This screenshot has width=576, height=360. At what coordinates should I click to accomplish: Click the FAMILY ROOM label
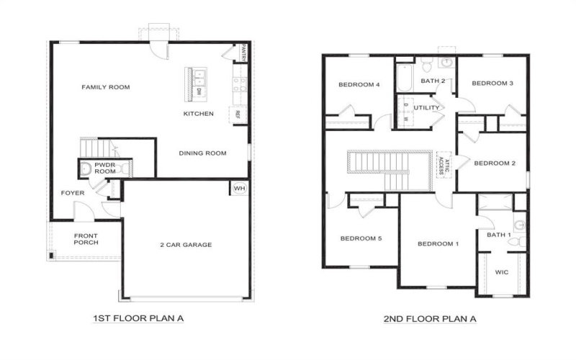105,87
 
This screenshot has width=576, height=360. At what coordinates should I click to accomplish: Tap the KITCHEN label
198,114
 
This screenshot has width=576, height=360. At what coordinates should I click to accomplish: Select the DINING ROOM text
202,153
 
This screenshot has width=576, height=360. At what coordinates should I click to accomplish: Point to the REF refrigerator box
235,115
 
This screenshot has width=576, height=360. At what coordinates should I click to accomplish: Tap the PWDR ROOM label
105,168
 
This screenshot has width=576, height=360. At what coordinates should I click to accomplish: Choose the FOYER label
73,193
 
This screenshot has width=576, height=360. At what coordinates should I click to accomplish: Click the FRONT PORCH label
86,239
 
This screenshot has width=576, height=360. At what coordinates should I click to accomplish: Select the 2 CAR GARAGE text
186,245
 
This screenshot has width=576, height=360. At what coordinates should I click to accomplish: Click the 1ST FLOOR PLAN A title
135,317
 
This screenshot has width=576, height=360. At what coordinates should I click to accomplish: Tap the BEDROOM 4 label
359,85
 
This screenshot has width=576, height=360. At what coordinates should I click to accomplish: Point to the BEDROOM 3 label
492,84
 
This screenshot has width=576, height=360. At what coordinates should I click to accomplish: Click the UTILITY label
426,107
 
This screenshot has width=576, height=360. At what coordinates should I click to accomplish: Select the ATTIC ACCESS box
441,165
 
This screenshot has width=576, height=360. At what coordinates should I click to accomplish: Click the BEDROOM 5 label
361,238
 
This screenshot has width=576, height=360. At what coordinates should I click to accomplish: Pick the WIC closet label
501,274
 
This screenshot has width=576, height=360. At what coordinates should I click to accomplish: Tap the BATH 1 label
498,235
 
